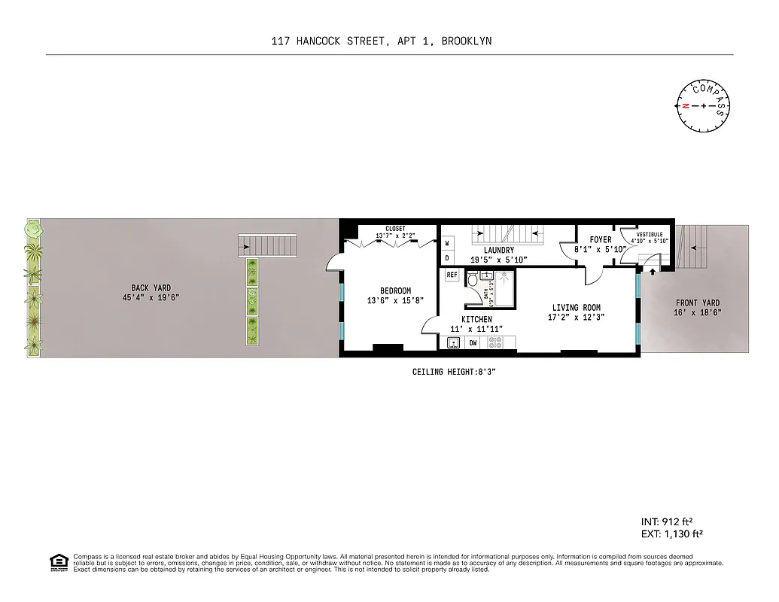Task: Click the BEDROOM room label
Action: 395,290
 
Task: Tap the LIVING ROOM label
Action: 576,307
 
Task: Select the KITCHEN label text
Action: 476,320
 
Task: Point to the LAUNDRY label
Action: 499,250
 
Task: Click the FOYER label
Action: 600,240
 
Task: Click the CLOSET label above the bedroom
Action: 395,228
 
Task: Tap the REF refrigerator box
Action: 452,275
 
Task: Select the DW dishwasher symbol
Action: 473,343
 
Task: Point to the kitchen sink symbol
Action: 454,343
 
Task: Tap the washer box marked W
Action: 447,243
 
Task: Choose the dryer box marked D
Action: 447,258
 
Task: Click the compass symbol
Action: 704,105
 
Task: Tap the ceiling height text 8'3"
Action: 485,372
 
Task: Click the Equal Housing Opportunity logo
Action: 58,562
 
